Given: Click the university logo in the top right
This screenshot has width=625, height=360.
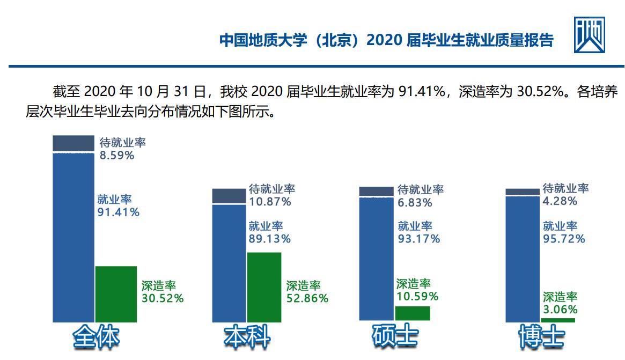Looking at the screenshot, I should point(589,35).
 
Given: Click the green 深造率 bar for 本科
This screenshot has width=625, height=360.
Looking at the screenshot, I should point(264,287).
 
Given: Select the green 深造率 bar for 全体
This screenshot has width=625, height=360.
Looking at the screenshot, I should point(116,294).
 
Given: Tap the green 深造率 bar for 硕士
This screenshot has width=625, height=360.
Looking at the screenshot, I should point(412,313).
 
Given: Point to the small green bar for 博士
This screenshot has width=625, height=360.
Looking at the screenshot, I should point(557,320).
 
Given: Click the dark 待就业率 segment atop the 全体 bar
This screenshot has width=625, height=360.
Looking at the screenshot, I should point(73,144).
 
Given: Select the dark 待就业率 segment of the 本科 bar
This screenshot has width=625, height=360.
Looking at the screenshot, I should point(229,196).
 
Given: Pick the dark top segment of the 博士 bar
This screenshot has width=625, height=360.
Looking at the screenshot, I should point(522,192).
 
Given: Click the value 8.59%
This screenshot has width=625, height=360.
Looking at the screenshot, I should point(116,156).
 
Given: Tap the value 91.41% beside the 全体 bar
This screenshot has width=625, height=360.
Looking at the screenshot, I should point(118,212).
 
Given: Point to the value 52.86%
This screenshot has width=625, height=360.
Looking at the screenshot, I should point(307,299).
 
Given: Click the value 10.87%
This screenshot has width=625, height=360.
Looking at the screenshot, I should point(270,202).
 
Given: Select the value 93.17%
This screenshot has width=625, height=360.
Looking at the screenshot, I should point(418,239).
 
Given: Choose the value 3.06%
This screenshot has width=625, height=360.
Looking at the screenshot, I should point(560,310).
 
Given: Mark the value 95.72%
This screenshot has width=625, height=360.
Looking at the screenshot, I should point(564,239).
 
